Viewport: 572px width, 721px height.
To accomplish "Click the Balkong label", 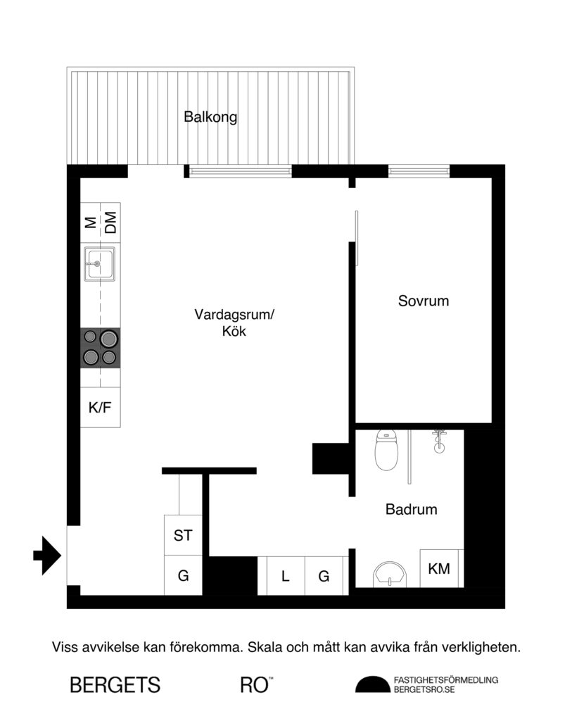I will click(210, 118).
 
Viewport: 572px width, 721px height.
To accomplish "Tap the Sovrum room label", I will click(423, 301).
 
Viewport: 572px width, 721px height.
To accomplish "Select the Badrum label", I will click(411, 509).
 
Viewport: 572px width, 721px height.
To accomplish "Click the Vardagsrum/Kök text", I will click(234, 322).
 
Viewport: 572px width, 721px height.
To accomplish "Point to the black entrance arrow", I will click(48, 555).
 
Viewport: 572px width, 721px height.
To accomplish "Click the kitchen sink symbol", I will click(99, 264).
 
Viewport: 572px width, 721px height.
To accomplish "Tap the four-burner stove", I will click(99, 348).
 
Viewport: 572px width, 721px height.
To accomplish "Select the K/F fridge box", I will click(99, 407).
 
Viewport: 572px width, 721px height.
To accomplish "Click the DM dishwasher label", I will click(110, 224).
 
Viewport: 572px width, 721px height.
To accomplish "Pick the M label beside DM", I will click(90, 224).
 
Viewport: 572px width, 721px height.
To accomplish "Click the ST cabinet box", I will click(183, 535).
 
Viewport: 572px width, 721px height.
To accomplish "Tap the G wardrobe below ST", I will click(183, 575).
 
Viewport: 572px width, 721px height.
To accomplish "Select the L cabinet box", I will click(285, 576).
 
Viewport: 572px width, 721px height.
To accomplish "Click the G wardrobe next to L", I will click(324, 576).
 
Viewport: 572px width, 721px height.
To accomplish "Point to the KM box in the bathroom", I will click(440, 568).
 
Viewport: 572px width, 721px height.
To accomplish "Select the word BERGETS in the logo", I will click(115, 684).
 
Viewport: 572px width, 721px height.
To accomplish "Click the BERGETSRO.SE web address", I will click(424, 690).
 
